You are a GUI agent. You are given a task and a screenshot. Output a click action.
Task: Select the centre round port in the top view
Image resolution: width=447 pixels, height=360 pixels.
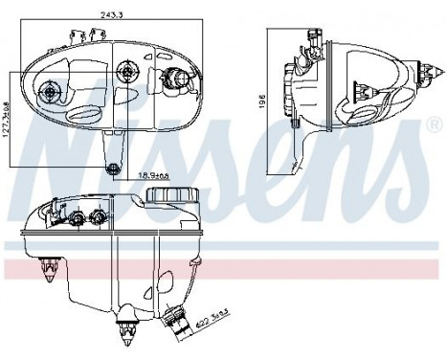click(126, 71)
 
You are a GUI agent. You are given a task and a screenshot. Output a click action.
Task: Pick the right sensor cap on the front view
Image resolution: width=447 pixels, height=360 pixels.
click(95, 215)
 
